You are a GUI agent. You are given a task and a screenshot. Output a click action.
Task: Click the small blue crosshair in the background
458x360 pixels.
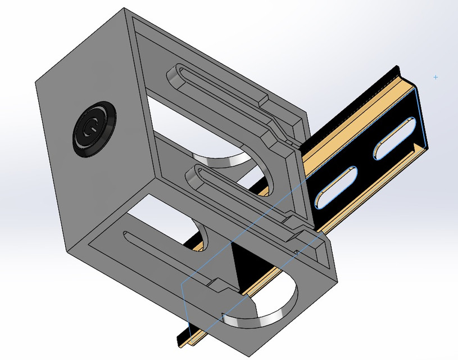(x=436, y=77)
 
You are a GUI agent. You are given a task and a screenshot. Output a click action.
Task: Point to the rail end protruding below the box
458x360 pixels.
(x=185, y=337)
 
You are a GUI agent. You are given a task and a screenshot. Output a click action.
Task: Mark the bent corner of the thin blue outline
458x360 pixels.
(x=182, y=283)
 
